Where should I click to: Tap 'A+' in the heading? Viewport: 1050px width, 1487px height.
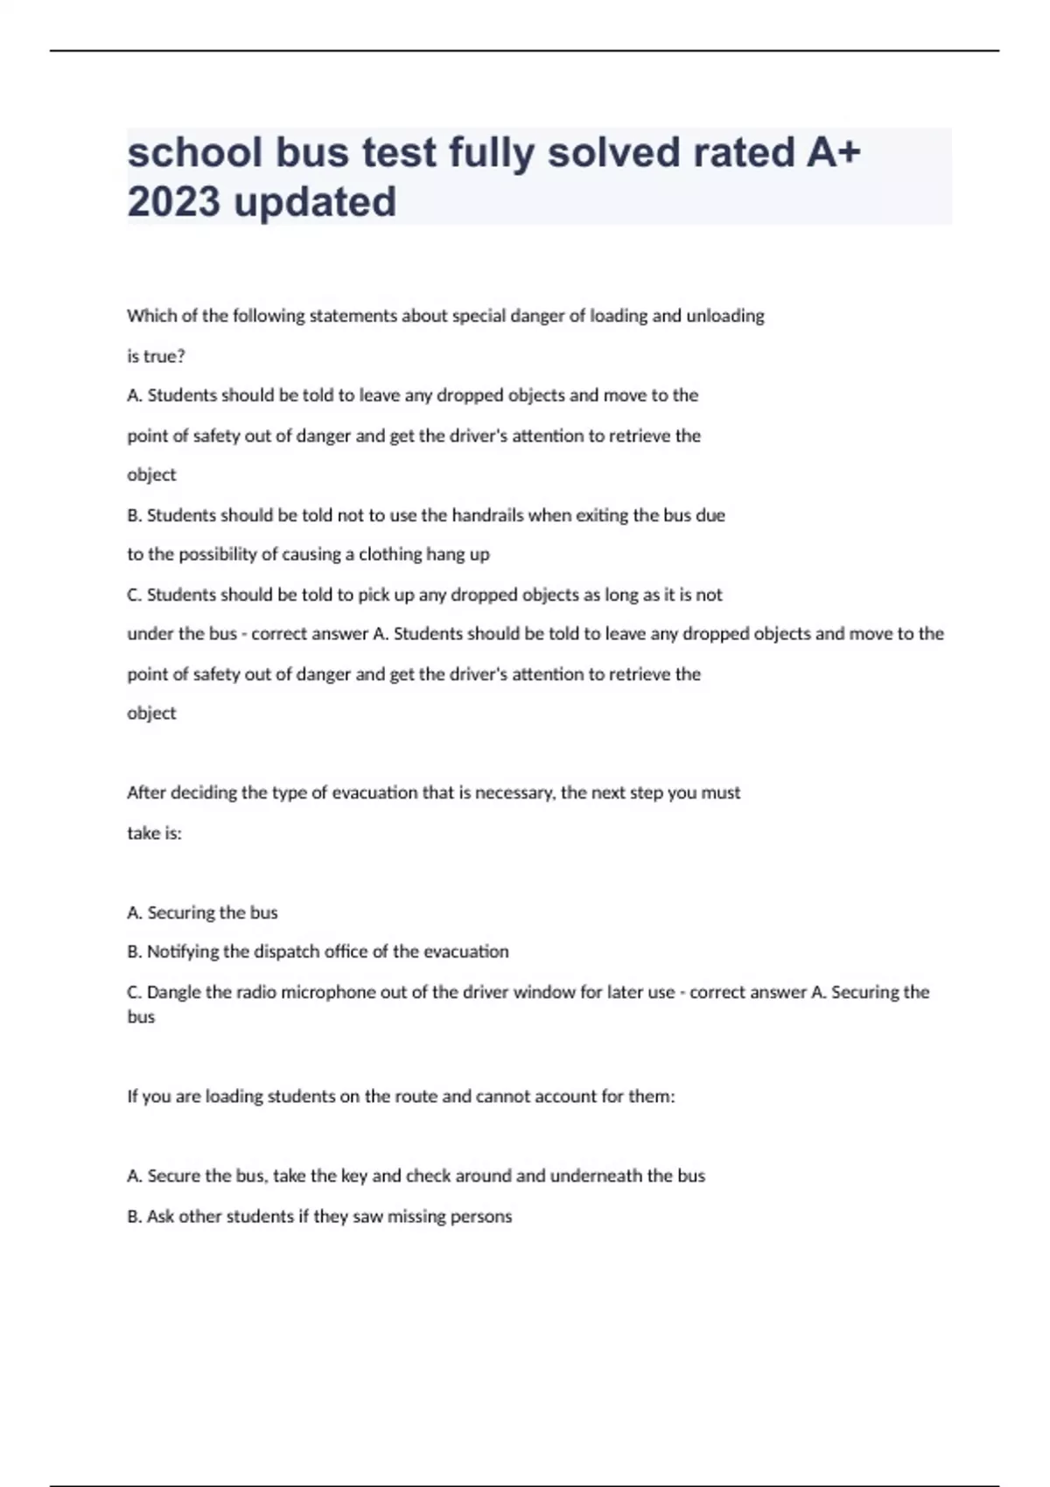tap(833, 152)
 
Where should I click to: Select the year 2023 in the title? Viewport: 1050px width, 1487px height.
tap(173, 202)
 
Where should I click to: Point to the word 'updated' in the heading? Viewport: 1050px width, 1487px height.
tap(315, 202)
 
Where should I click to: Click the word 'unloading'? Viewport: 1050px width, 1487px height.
tap(724, 316)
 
